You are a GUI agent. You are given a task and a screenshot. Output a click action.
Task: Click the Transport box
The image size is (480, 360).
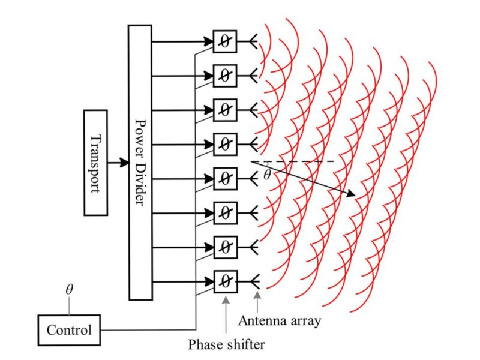pyautogui.click(x=96, y=163)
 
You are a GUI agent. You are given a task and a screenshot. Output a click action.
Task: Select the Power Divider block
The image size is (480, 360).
pyautogui.click(x=139, y=162)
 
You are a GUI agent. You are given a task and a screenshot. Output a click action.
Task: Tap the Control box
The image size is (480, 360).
pyautogui.click(x=69, y=329)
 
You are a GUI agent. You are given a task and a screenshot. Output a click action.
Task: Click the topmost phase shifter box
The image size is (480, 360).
pyautogui.click(x=225, y=41)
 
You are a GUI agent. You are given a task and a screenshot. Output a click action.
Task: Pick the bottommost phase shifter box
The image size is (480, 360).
pyautogui.click(x=225, y=280)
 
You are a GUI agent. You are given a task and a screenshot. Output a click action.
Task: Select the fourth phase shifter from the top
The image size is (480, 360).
pyautogui.click(x=225, y=144)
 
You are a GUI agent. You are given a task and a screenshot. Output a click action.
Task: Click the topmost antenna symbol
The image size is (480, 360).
pyautogui.click(x=254, y=41)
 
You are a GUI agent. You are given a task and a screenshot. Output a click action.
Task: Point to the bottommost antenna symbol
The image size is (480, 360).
pyautogui.click(x=254, y=280)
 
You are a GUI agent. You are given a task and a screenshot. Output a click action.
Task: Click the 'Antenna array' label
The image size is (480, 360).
pyautogui.click(x=280, y=320)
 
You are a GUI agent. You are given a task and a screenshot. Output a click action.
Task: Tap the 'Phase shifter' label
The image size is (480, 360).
pyautogui.click(x=226, y=344)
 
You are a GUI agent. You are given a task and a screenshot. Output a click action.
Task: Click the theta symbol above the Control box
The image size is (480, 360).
pyautogui.click(x=69, y=290)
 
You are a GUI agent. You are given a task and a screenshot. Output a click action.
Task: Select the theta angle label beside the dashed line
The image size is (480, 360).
pyautogui.click(x=267, y=175)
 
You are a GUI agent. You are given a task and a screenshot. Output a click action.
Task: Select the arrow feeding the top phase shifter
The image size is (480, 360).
pyautogui.click(x=183, y=41)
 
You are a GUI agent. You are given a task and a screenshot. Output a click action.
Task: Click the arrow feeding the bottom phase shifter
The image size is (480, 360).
pyautogui.click(x=183, y=280)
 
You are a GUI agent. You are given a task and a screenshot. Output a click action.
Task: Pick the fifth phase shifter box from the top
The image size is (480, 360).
pyautogui.click(x=225, y=178)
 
